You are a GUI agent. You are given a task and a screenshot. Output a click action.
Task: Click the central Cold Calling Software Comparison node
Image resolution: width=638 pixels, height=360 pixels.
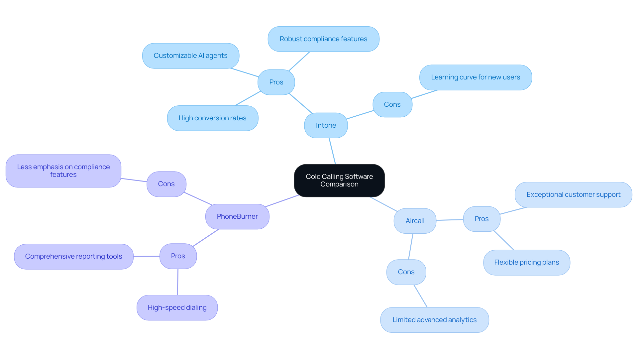(339, 180)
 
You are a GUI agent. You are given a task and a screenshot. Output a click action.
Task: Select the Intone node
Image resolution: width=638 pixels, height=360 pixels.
(326, 125)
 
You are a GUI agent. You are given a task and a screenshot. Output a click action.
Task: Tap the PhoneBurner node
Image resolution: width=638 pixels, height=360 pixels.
(237, 216)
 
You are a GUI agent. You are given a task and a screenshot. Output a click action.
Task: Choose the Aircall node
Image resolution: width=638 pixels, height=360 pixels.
(415, 221)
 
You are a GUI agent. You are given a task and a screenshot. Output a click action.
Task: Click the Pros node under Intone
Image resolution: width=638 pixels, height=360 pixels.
(276, 82)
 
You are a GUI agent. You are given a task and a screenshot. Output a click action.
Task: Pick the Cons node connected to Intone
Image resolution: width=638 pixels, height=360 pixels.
(392, 104)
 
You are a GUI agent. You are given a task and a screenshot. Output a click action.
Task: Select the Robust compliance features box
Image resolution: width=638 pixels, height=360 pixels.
(323, 39)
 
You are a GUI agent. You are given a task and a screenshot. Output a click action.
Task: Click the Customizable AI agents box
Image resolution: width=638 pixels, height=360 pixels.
(190, 56)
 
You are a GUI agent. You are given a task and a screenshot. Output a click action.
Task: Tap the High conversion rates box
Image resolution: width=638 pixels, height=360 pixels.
(212, 118)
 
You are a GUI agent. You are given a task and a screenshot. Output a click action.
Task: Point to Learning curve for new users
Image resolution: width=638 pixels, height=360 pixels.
(476, 77)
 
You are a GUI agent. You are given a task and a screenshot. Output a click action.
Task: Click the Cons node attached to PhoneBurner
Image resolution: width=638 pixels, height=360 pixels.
(166, 184)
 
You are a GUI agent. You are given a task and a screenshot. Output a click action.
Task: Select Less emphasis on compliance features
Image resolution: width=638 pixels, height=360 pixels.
(63, 171)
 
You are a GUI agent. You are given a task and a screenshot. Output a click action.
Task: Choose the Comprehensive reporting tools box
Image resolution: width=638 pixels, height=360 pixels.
(73, 256)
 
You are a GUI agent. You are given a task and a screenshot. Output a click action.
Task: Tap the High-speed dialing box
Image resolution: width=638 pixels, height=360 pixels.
(177, 307)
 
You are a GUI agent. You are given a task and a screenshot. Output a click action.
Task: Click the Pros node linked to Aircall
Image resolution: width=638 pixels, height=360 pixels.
(481, 219)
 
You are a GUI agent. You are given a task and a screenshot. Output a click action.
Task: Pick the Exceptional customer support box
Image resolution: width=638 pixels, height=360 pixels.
(573, 194)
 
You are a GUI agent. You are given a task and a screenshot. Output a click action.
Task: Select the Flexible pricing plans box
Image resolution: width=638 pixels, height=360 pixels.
(526, 262)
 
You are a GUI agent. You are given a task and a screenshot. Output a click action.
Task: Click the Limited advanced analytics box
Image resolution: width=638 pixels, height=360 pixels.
(434, 320)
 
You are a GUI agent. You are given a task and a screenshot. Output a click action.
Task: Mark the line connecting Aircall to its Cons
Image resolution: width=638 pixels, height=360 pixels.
(411, 246)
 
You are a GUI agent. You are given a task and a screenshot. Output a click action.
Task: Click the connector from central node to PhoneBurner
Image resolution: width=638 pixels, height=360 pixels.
(282, 201)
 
